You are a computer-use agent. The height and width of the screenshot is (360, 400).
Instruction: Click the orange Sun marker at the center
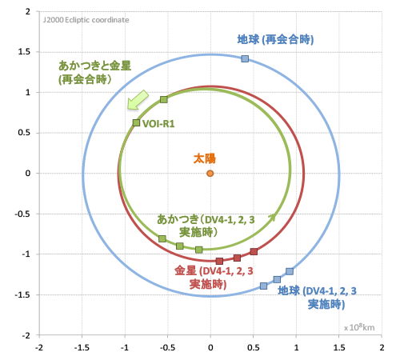[x=210, y=173]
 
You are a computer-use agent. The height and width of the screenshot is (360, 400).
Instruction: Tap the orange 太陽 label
[x=206, y=158]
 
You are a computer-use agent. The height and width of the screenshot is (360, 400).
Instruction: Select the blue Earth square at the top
[x=245, y=59]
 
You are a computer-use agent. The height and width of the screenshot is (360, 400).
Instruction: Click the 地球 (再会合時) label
[x=274, y=39]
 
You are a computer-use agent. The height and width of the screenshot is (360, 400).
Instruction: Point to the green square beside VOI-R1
[x=136, y=122]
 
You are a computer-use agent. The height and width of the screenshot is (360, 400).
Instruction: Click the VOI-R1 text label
[x=158, y=123]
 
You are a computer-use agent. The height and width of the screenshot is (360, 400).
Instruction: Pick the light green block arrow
[x=138, y=100]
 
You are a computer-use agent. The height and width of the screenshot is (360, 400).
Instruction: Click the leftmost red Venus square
[x=219, y=261]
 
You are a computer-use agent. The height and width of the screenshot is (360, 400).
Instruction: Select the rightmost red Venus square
[x=254, y=251]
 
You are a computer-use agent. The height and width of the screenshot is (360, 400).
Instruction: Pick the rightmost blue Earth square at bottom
[x=290, y=271]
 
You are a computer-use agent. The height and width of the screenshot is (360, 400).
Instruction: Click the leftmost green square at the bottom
[x=162, y=238]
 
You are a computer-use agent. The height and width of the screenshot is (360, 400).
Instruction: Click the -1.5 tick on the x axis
[x=82, y=348]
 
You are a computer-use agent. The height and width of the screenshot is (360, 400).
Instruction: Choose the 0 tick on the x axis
[x=210, y=348]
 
